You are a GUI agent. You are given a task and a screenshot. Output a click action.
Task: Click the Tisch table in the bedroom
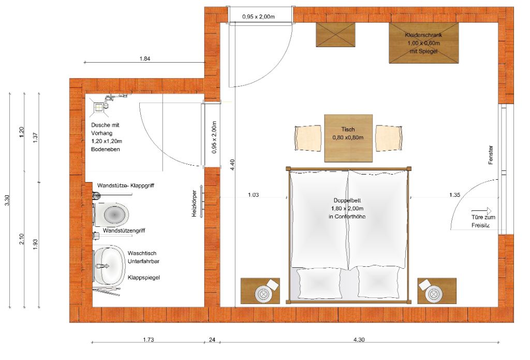tap(348, 138)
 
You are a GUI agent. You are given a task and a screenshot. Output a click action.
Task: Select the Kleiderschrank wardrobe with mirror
tap(423, 43)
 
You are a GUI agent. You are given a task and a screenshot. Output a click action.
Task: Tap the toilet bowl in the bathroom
tap(112, 214)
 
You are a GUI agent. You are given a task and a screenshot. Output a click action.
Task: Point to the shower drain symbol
tap(98, 108)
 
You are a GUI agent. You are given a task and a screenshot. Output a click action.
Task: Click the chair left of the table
tap(307, 138)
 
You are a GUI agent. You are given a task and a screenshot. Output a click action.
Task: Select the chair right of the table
tap(389, 138)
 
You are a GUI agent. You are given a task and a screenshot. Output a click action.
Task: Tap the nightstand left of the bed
tap(260, 291)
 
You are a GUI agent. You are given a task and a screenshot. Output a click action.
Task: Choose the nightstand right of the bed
tap(437, 291)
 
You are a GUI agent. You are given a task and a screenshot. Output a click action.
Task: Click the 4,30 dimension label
tap(359, 340)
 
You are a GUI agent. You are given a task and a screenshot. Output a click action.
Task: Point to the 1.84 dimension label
tap(145, 59)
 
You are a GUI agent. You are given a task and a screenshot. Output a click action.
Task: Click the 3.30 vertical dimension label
tap(7, 200)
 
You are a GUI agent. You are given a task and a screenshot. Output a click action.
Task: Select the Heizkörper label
tap(194, 204)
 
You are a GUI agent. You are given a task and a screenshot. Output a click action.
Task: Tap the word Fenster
tap(491, 155)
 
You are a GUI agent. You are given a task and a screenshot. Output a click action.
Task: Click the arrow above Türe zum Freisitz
tap(481, 211)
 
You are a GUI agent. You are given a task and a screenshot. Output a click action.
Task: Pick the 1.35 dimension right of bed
tap(454, 195)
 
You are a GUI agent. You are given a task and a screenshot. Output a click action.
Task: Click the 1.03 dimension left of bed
tap(253, 195)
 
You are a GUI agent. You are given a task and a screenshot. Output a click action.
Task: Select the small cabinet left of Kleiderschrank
tap(335, 35)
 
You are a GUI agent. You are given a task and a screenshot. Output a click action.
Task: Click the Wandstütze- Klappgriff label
tap(126, 185)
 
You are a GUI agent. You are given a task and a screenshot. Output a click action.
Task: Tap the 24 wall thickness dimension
tap(212, 340)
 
